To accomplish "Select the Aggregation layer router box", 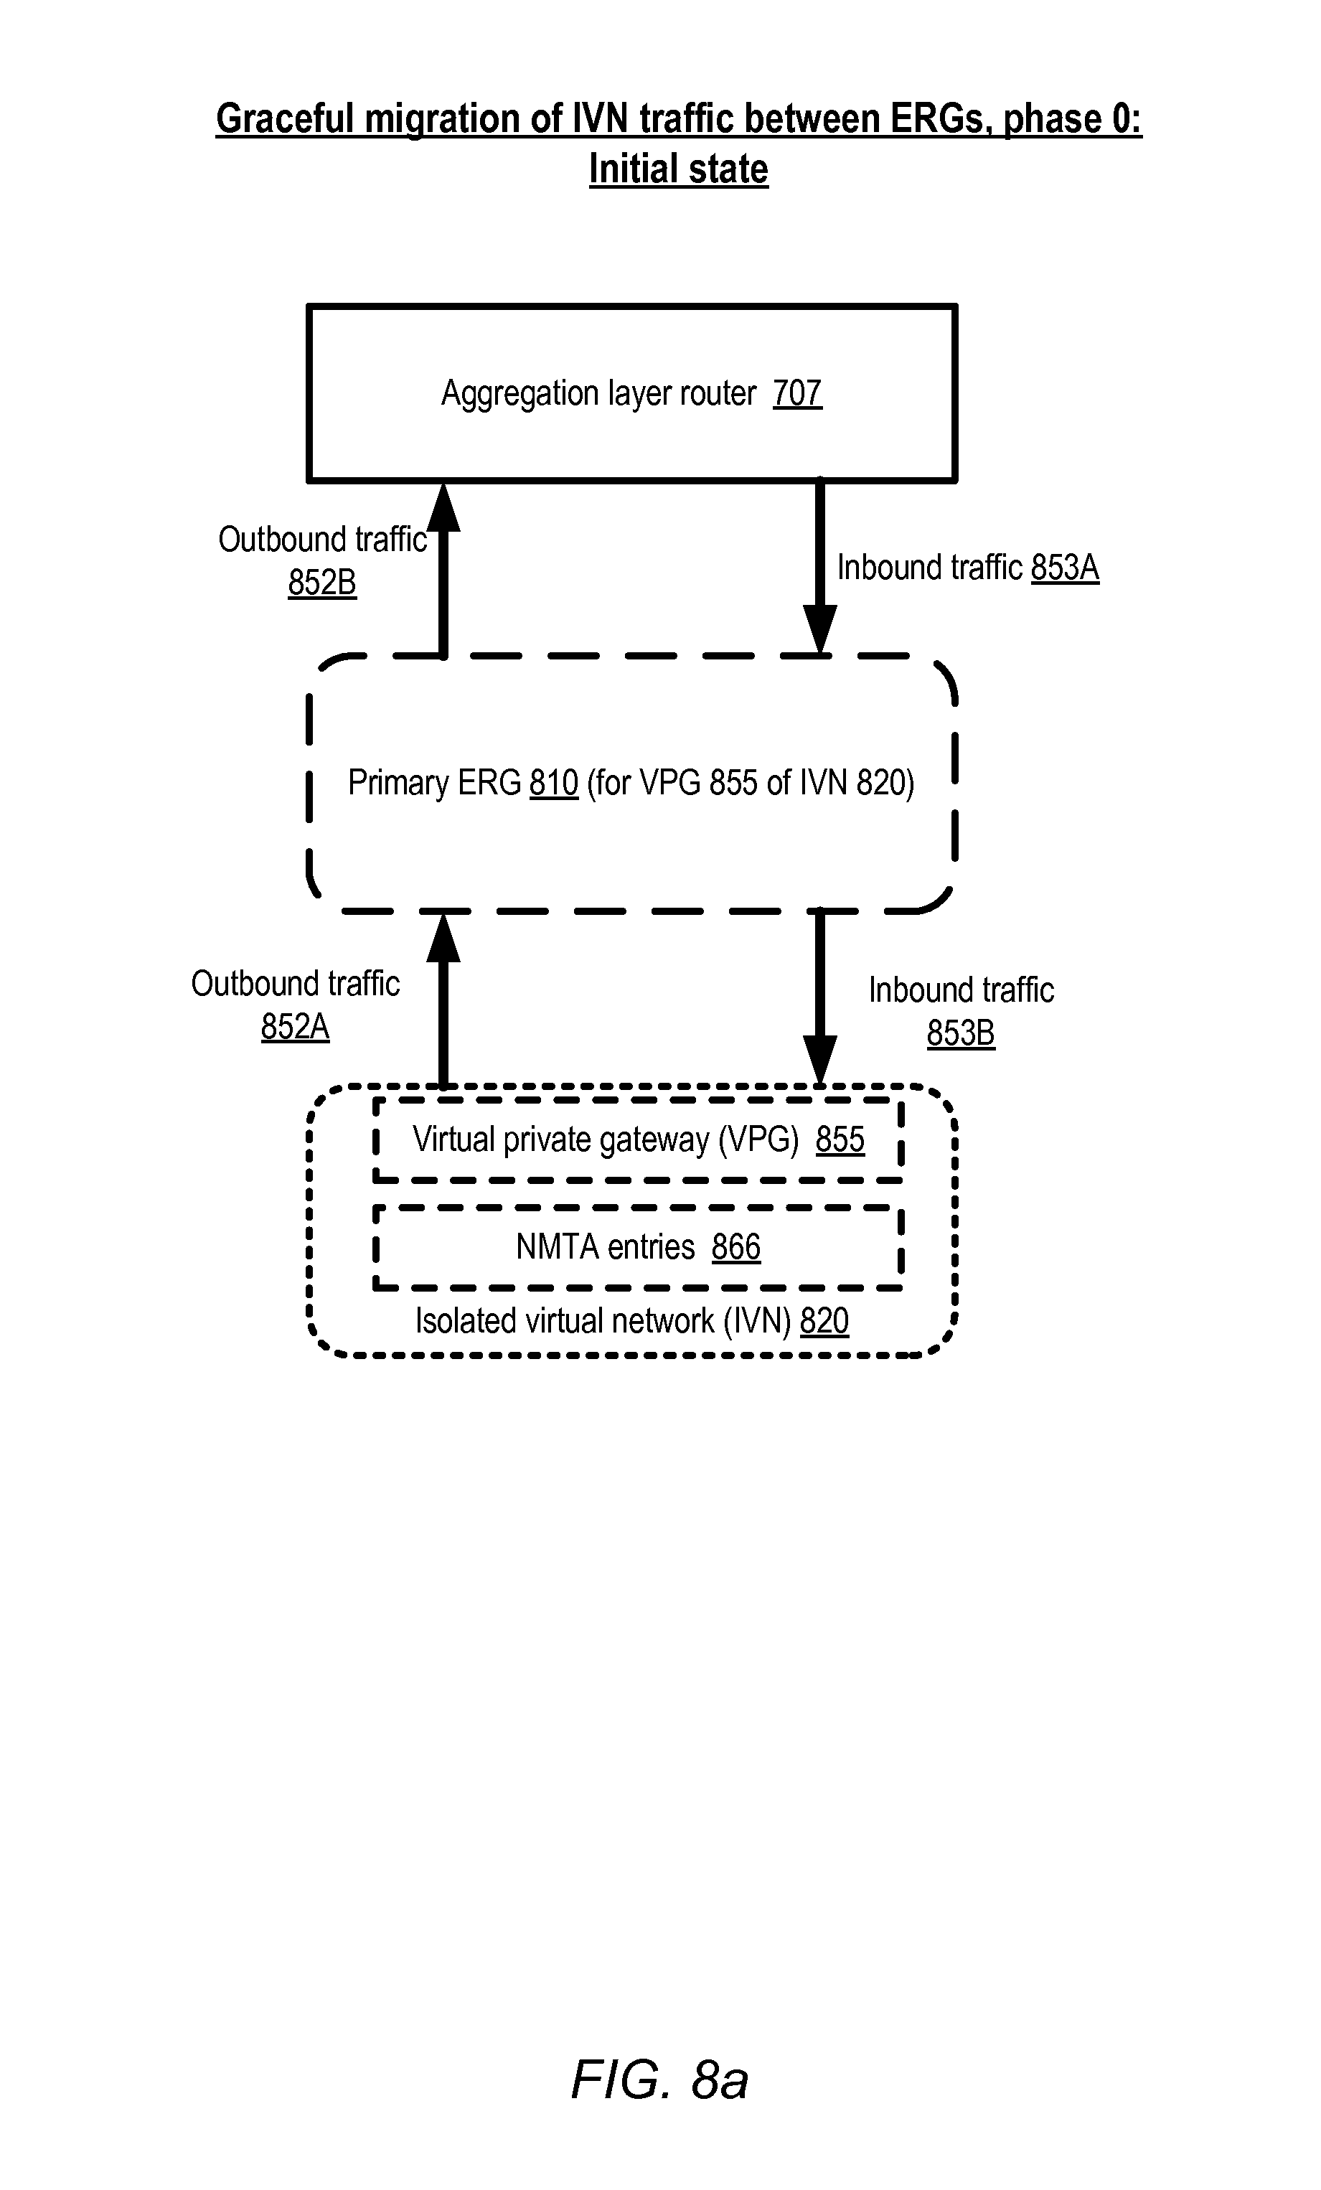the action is pos(632,393).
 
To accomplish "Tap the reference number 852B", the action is pos(321,583).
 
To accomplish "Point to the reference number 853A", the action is pos(1065,567).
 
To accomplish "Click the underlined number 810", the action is pos(554,783).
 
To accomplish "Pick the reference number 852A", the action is pos(295,1027).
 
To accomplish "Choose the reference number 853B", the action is pos(961,1033).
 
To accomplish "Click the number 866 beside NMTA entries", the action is pos(736,1247).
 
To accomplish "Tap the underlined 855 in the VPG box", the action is pos(840,1139).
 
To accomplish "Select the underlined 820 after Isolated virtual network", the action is pos(824,1321).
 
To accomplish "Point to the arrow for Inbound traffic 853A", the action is pos(819,568).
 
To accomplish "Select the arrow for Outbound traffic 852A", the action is pos(443,999).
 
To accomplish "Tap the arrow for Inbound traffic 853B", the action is pos(819,998).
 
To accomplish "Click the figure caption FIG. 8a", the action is pos(659,2079).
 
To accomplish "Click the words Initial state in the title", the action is pos(678,169).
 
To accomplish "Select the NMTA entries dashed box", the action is pos(639,1247).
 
